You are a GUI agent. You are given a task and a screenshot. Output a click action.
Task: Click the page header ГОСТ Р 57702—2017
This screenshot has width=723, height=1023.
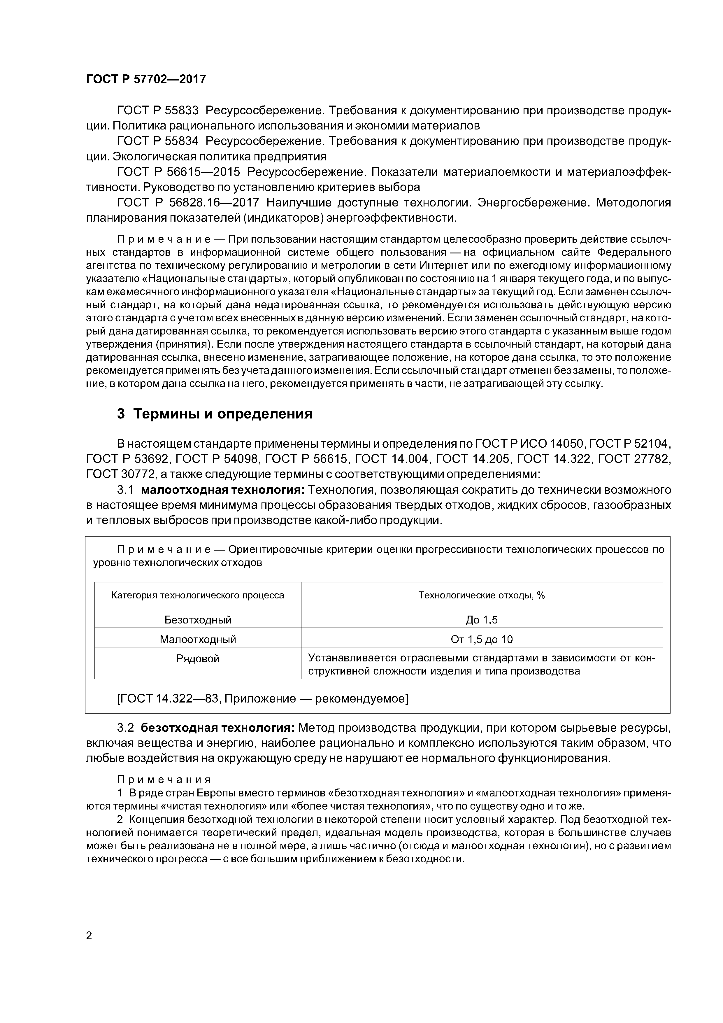[146, 79]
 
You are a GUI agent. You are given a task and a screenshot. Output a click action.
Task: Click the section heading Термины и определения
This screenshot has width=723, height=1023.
[223, 414]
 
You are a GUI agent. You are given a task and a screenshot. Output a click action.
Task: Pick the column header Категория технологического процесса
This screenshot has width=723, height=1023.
[197, 595]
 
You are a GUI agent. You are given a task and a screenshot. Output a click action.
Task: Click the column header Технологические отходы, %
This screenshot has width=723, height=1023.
[482, 595]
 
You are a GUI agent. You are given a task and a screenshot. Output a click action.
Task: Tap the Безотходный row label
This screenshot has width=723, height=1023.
[198, 620]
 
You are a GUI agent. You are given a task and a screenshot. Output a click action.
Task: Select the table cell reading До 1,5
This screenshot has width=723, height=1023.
[482, 620]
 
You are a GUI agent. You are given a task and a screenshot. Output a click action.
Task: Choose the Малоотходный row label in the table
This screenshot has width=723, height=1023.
[198, 639]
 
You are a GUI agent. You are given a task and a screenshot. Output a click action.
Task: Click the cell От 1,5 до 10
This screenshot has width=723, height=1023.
[482, 639]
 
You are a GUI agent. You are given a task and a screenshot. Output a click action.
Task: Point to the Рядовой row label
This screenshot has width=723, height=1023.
[198, 658]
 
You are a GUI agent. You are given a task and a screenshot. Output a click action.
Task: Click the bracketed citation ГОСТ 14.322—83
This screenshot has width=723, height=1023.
[169, 698]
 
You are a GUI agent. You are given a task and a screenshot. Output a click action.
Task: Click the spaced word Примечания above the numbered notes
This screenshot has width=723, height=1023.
[164, 779]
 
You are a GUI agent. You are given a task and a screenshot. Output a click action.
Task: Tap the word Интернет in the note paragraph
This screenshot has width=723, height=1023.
[441, 266]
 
